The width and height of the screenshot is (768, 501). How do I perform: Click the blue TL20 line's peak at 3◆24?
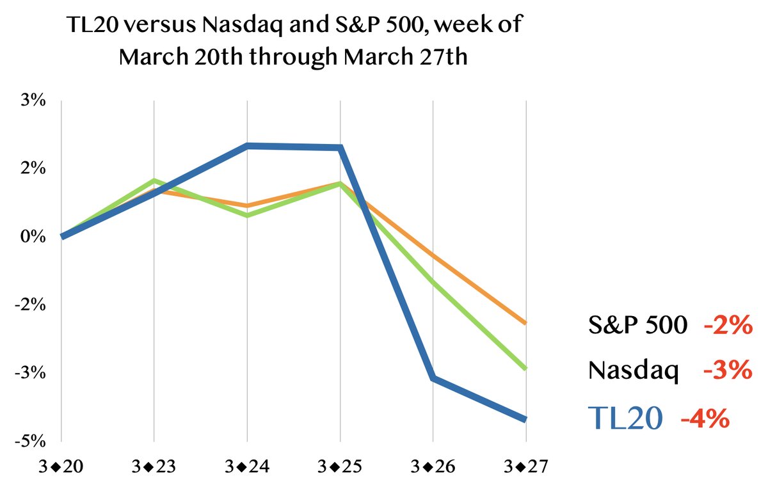tap(247, 146)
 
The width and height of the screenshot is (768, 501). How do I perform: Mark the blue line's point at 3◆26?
tap(433, 378)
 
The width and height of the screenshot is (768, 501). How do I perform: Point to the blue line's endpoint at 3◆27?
tap(525, 419)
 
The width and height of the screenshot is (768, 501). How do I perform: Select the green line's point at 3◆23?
tap(154, 180)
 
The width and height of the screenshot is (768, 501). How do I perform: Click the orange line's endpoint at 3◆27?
tap(525, 323)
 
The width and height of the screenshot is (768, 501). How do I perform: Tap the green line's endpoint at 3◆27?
tap(525, 369)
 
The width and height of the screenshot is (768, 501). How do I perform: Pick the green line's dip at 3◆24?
tap(247, 216)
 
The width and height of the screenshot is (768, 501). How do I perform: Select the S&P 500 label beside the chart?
tap(637, 326)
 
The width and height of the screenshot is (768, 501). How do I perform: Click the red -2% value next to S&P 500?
tap(727, 326)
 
